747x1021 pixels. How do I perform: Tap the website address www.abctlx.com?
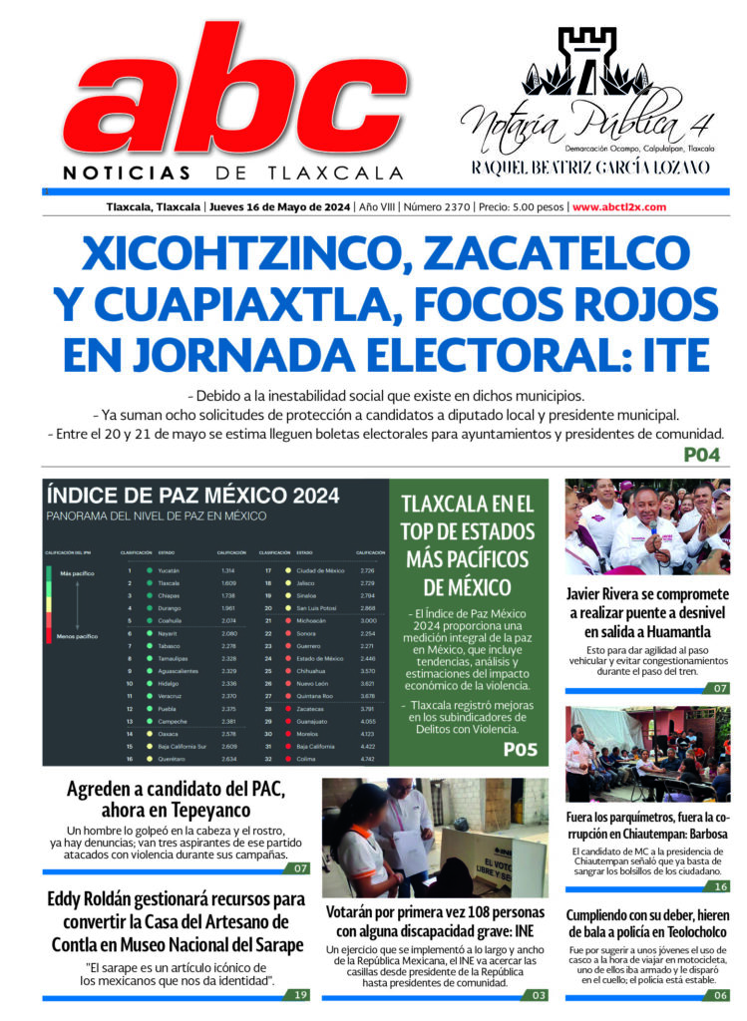click(619, 207)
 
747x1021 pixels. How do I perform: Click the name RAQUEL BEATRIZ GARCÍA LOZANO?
click(590, 167)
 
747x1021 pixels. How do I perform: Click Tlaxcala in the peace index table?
click(174, 582)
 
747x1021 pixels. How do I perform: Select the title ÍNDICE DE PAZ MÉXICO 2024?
click(192, 496)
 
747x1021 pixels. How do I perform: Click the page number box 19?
click(300, 994)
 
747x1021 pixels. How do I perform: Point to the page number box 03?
click(539, 994)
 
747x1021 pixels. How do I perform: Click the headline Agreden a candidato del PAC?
click(176, 802)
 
